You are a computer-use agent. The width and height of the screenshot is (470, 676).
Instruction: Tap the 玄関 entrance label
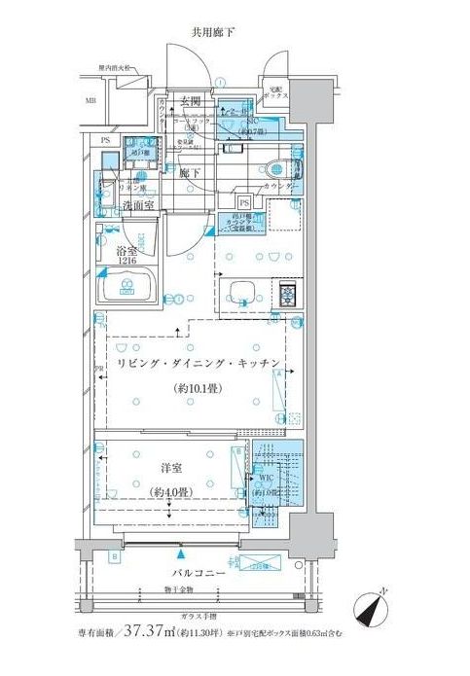(x=189, y=102)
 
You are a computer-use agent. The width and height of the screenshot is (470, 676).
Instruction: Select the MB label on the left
(x=90, y=100)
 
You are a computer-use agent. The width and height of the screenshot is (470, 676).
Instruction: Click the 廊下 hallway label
(x=189, y=172)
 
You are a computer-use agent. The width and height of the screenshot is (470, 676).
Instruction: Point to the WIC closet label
(x=265, y=479)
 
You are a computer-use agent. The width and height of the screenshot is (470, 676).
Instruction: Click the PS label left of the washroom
(x=105, y=140)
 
